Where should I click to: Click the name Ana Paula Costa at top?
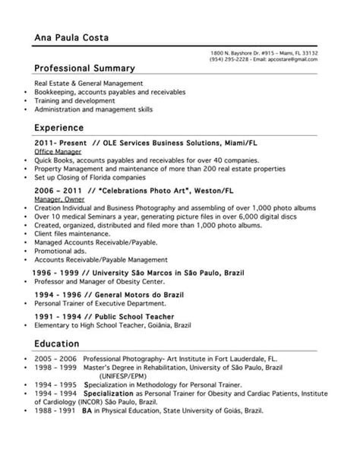pos(72,38)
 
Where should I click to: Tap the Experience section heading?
pos(59,128)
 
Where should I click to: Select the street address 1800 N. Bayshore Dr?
pos(239,52)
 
